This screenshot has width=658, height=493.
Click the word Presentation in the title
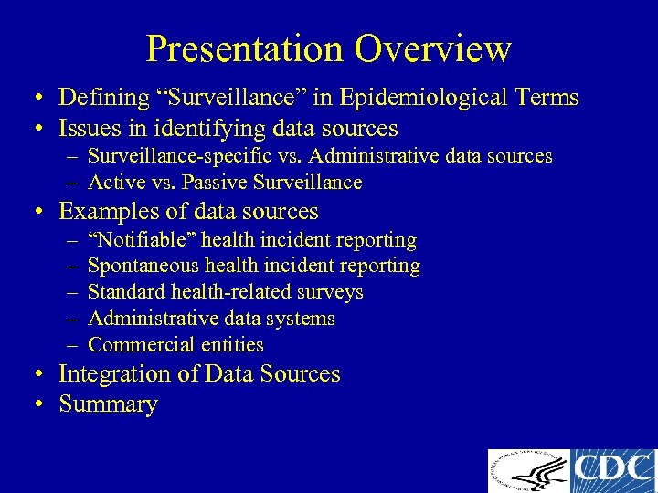244,48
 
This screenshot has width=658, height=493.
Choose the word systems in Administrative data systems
302,320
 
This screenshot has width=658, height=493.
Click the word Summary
108,404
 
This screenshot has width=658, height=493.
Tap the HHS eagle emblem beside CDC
528,471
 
